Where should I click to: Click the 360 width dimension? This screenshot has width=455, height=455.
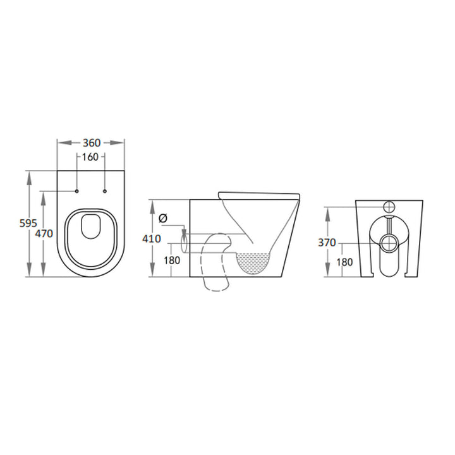tap(90, 143)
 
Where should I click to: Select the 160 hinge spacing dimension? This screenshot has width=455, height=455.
tap(90, 157)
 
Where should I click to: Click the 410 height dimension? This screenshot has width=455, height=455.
tap(152, 239)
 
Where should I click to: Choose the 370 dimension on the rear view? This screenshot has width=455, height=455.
tap(327, 243)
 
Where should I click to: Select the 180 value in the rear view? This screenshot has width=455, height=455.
tap(344, 261)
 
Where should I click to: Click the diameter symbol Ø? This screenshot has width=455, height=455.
tap(163, 218)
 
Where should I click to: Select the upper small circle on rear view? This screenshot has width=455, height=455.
tap(389, 207)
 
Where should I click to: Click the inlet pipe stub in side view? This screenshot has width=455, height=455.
tap(184, 241)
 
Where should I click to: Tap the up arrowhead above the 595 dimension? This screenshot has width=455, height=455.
tap(30, 175)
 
